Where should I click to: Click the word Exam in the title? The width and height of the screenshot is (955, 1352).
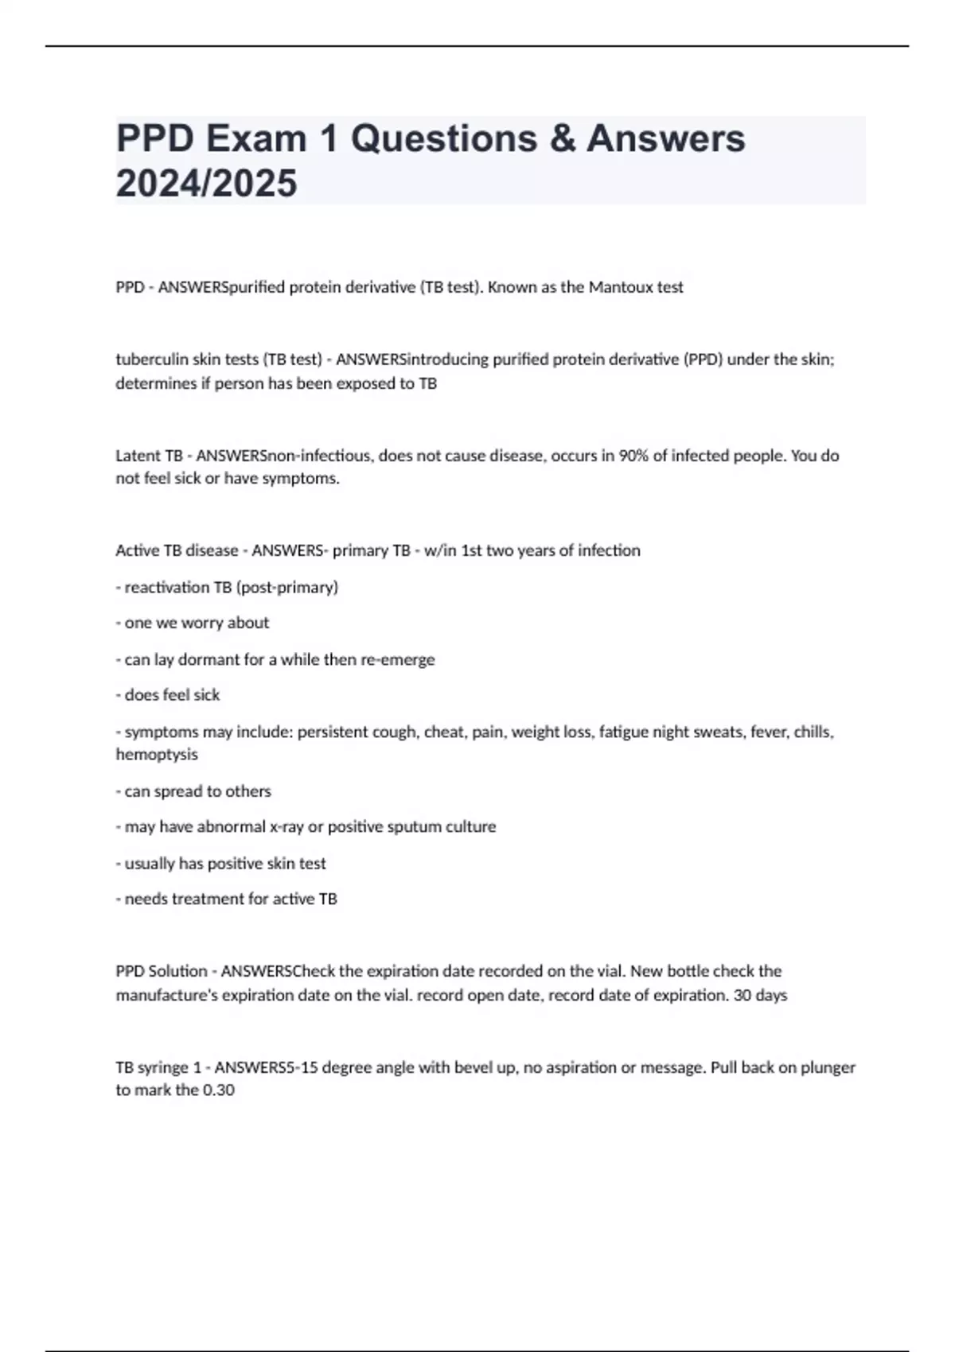point(256,139)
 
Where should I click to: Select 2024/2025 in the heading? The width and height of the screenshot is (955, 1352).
point(206,184)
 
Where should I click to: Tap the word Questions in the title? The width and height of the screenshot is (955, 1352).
point(443,139)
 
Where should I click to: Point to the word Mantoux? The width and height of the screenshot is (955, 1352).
point(620,287)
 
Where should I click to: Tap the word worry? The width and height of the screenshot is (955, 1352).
point(202,623)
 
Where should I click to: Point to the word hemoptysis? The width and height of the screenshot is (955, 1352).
point(157,754)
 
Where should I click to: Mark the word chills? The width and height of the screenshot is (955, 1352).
point(813,732)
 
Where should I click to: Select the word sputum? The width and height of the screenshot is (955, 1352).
point(413,826)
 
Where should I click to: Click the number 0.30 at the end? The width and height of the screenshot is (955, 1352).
point(218,1090)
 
